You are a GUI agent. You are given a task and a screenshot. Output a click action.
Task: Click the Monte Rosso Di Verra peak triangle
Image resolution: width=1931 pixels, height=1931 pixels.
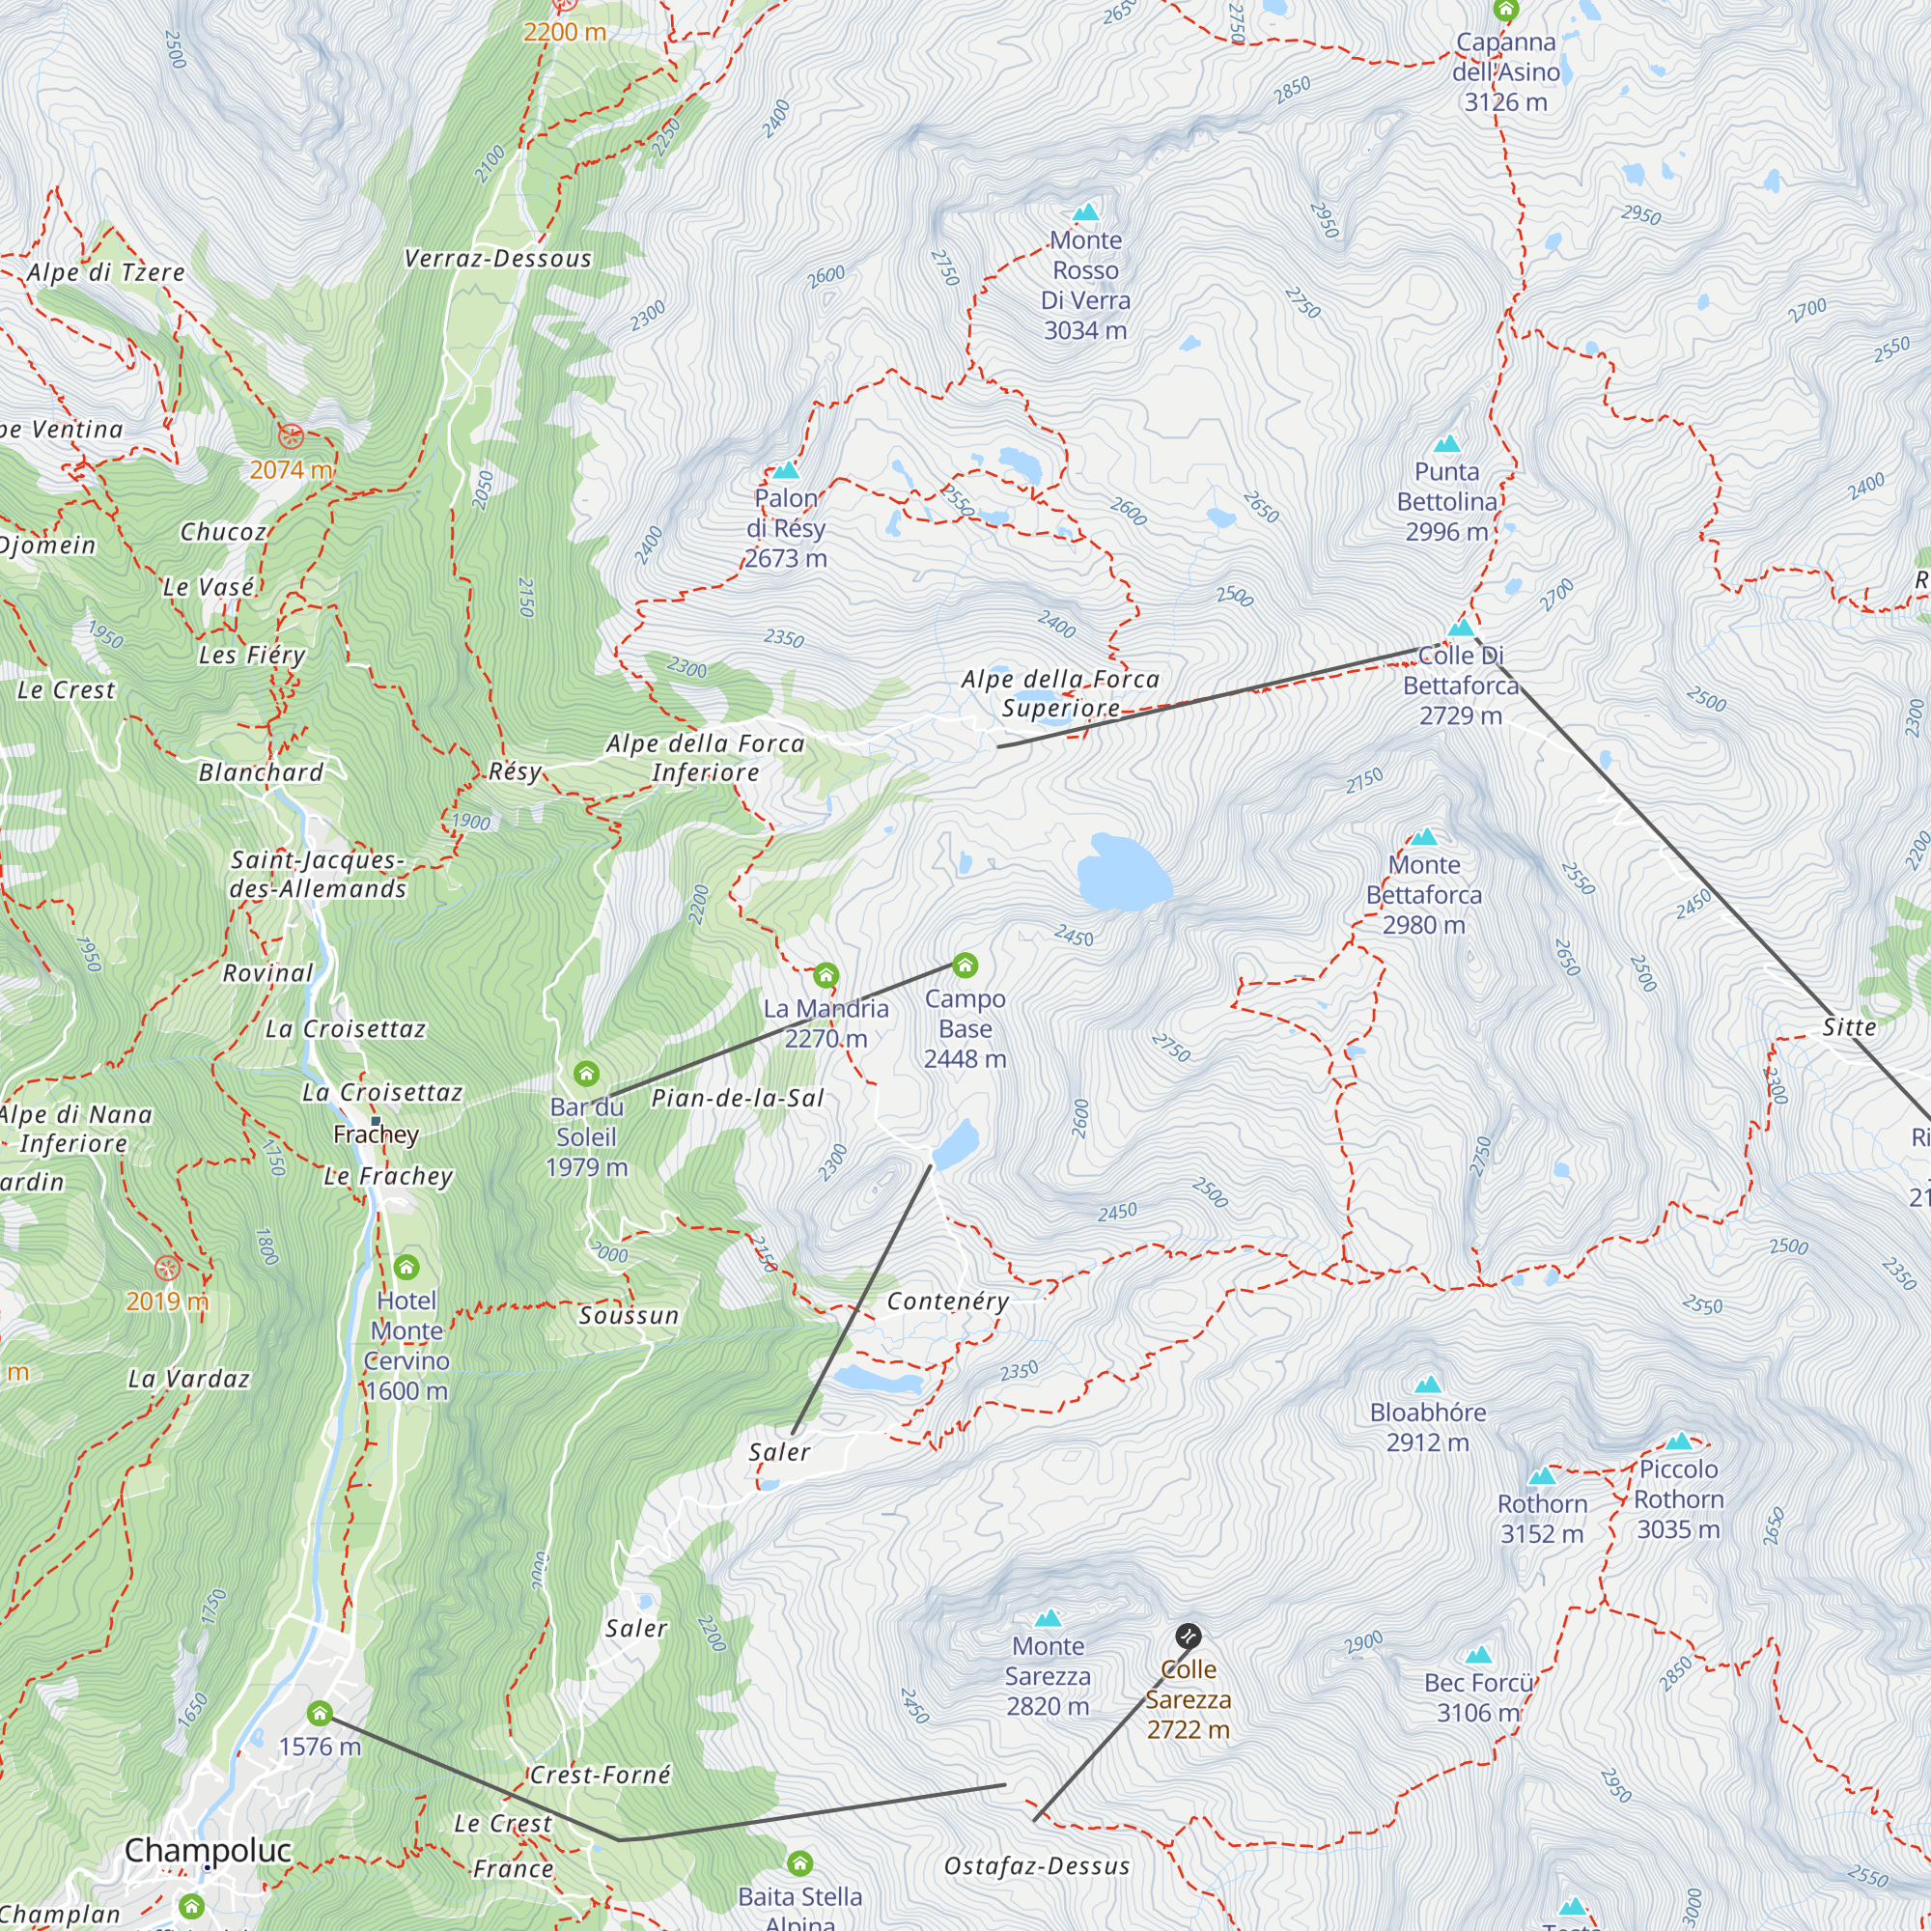[1085, 211]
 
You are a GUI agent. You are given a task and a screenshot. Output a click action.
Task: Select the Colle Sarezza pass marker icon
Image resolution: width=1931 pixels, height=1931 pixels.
[1188, 1637]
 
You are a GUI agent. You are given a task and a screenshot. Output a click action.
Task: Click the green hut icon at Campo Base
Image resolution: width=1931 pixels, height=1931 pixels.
[965, 965]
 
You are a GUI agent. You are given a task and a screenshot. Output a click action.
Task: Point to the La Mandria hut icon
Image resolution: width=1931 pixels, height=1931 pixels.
[826, 974]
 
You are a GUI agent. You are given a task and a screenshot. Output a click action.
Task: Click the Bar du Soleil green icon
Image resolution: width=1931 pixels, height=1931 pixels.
[587, 1074]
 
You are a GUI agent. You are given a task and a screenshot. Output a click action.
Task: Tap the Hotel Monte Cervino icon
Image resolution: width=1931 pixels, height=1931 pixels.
[406, 1268]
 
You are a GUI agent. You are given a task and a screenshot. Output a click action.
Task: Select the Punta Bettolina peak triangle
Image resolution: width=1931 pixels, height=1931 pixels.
[1446, 444]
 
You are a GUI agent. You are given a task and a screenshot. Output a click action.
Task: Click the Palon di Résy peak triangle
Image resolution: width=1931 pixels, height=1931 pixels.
[786, 470]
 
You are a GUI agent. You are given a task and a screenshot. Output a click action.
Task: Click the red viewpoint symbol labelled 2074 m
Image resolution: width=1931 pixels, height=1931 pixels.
[291, 435]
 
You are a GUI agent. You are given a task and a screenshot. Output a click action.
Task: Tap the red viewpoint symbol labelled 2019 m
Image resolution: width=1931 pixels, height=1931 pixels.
[167, 1269]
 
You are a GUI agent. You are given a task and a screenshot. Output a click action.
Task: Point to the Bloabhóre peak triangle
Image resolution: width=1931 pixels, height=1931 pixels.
[1428, 1385]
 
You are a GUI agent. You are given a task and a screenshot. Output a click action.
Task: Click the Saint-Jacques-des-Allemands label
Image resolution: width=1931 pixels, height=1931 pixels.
[318, 875]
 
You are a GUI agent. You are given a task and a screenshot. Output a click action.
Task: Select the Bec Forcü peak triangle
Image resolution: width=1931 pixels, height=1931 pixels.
[1478, 1655]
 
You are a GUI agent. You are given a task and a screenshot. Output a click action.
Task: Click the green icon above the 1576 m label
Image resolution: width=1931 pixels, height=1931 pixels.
[320, 1714]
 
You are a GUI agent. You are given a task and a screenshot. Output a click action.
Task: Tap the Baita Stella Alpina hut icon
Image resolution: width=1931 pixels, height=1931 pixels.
[799, 1863]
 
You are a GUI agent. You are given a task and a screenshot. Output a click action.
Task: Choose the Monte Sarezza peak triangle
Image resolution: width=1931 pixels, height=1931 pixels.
[1048, 1618]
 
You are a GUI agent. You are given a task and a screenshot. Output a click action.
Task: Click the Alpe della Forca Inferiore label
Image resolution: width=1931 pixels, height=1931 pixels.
[705, 758]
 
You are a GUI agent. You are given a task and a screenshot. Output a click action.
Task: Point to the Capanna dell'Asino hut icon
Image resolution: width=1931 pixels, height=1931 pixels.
[1506, 10]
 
